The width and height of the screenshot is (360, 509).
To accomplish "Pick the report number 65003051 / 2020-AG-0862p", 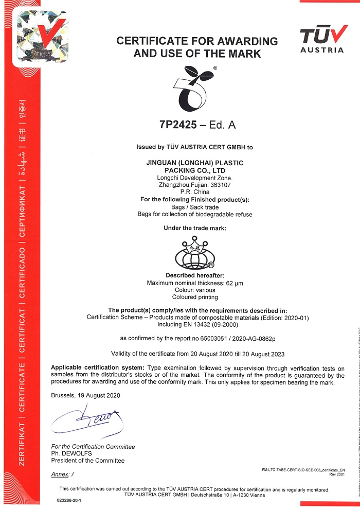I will [231, 339].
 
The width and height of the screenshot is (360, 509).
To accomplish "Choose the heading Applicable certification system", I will [98, 367].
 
